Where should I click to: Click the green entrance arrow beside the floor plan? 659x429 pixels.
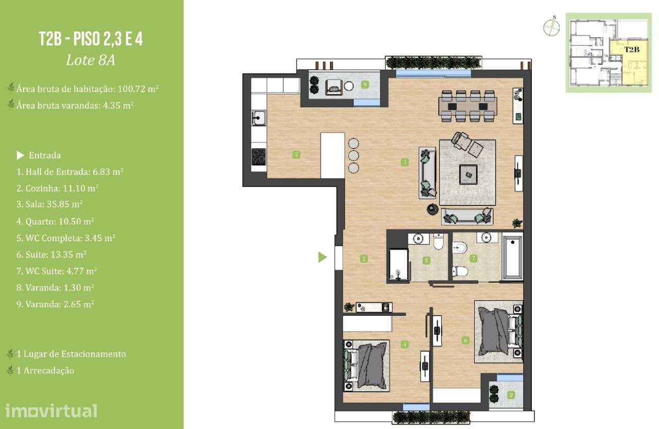pyautogui.click(x=322, y=257)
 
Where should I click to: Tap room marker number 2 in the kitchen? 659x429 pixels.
pyautogui.click(x=296, y=153)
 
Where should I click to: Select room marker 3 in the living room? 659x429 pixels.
pyautogui.click(x=405, y=162)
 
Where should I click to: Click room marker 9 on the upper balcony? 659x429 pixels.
pyautogui.click(x=365, y=84)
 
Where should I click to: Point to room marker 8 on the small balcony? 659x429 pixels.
pyautogui.click(x=511, y=395)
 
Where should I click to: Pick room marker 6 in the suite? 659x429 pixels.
pyautogui.click(x=465, y=340)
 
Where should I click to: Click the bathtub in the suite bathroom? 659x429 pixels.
pyautogui.click(x=512, y=259)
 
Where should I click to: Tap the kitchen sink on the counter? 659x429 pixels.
pyautogui.click(x=257, y=119)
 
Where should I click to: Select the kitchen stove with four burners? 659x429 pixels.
pyautogui.click(x=258, y=157)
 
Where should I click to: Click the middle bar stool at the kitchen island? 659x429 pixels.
pyautogui.click(x=353, y=156)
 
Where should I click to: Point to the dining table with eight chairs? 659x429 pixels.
pyautogui.click(x=468, y=107)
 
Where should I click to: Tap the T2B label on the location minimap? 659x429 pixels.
pyautogui.click(x=632, y=50)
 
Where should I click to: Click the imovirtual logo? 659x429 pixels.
pyautogui.click(x=51, y=410)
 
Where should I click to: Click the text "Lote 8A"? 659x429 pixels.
pyautogui.click(x=91, y=60)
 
